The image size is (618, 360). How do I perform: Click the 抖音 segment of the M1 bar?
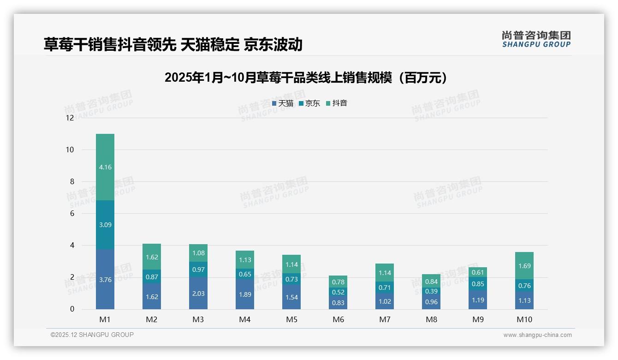click(x=105, y=167)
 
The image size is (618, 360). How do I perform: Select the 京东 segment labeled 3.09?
click(x=105, y=225)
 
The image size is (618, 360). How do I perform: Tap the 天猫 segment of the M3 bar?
click(x=198, y=294)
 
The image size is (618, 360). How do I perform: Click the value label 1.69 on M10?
click(x=524, y=266)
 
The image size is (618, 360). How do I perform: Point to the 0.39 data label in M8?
click(x=431, y=291)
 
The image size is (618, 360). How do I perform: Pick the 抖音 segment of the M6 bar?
click(x=338, y=282)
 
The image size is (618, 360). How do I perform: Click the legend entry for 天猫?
click(x=283, y=103)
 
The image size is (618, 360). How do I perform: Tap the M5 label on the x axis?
click(x=291, y=319)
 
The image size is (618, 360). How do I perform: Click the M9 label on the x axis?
click(x=478, y=319)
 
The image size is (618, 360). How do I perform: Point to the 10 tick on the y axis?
click(x=70, y=150)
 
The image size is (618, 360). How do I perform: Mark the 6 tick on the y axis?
click(x=71, y=213)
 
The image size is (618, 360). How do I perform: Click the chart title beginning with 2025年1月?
click(x=306, y=78)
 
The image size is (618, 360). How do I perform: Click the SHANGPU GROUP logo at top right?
click(x=536, y=39)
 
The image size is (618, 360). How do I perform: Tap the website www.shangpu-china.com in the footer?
click(x=537, y=335)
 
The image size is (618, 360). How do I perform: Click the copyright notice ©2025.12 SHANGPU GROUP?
click(x=92, y=335)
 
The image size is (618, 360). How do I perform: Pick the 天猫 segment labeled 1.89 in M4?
click(x=245, y=294)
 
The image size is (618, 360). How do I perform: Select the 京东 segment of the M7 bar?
click(x=385, y=288)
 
